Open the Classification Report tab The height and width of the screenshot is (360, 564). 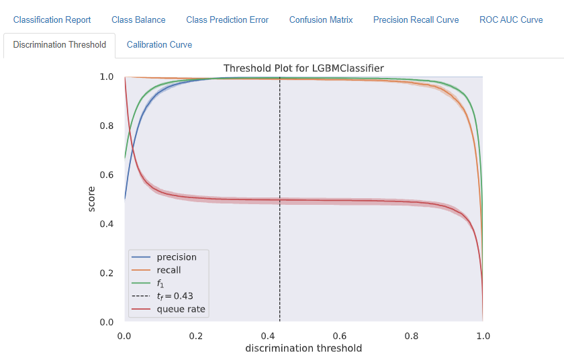click(x=52, y=19)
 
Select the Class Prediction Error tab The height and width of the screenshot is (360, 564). click(x=227, y=19)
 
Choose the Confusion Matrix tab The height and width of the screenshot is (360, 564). click(x=321, y=19)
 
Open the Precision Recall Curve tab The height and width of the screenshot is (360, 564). click(x=416, y=19)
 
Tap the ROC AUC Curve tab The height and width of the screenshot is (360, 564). click(x=511, y=19)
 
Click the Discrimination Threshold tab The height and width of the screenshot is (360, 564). click(x=59, y=44)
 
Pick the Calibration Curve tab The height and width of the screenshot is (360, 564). click(x=159, y=44)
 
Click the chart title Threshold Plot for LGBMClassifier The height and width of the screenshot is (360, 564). click(x=303, y=68)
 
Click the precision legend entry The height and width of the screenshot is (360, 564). click(x=176, y=257)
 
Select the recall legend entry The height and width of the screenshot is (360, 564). click(x=169, y=270)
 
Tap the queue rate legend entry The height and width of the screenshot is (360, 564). click(x=181, y=310)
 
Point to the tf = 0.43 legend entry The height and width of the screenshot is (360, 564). click(x=175, y=296)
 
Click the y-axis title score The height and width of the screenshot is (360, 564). click(x=92, y=199)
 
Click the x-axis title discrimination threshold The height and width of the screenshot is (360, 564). click(x=303, y=349)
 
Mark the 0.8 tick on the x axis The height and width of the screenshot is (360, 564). click(x=411, y=334)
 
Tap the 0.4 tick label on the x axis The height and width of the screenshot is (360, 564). click(x=268, y=334)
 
